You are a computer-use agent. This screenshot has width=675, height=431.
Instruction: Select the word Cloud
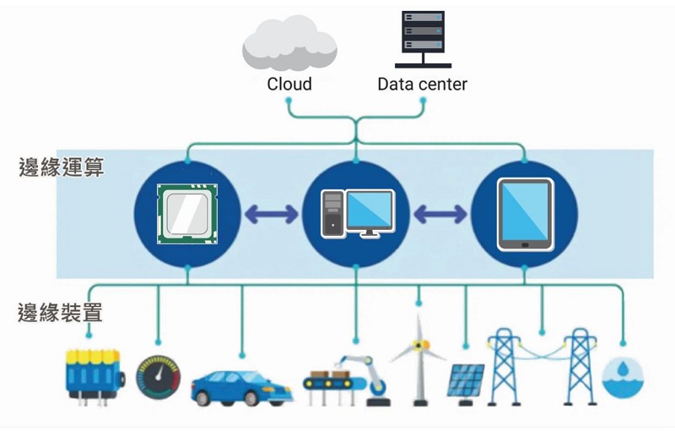point(289,84)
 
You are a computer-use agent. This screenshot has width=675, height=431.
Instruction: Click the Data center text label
point(422,84)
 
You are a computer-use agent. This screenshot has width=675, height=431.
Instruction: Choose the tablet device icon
point(525,214)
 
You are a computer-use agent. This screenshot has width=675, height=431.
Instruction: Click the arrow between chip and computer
point(271,215)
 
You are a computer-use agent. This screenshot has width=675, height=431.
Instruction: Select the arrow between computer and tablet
point(440,215)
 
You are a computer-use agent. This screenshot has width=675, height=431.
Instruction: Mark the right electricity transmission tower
point(580,366)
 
